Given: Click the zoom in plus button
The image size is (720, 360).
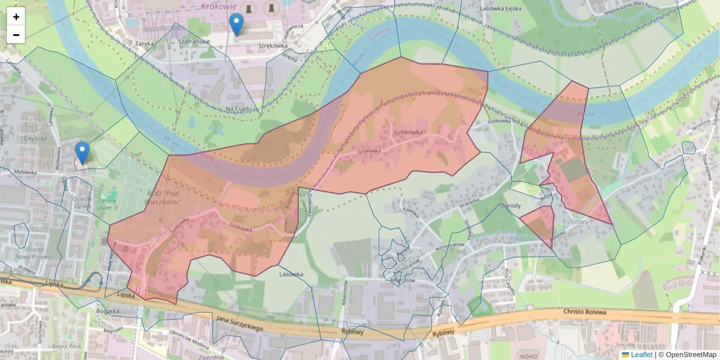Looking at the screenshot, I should pos(16,17).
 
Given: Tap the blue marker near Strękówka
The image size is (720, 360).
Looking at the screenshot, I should pos(237,25).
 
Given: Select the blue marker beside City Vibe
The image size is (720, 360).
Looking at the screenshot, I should pos(82,152).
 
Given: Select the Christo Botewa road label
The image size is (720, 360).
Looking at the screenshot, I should pos(586,312).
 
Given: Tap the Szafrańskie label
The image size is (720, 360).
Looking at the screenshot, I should pos(194,42).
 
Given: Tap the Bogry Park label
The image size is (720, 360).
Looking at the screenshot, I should pos(67,346).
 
